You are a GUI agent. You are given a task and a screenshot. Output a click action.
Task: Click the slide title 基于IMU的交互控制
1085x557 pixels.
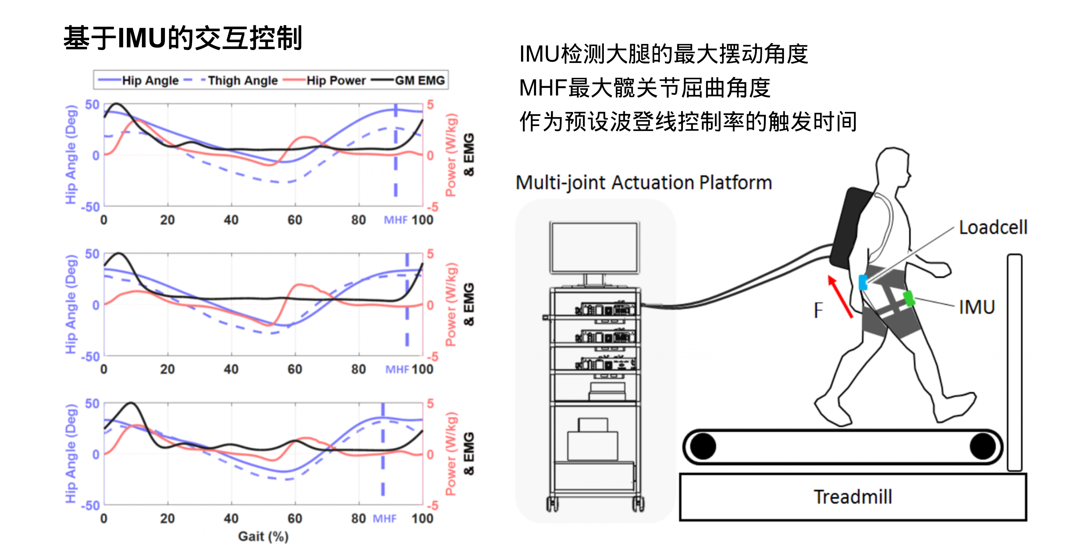[x=183, y=38]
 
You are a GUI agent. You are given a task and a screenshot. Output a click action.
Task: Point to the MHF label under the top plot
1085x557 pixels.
[x=395, y=220]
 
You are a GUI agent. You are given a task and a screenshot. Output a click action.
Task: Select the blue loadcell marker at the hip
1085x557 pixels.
[x=863, y=282]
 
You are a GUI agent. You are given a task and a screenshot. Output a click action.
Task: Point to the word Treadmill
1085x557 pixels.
[x=853, y=497]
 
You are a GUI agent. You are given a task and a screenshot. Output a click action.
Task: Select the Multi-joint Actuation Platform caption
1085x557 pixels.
[x=644, y=183]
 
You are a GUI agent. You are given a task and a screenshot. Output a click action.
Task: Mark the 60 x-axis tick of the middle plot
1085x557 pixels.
[x=295, y=369]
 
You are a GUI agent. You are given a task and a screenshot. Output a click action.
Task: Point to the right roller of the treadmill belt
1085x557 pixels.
[x=982, y=446]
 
